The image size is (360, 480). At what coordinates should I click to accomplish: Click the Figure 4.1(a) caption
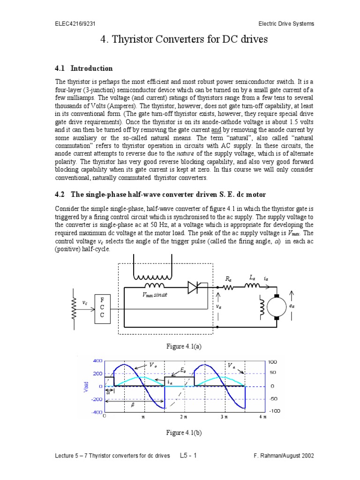[180, 346]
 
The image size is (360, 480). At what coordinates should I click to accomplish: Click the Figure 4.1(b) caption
[180, 432]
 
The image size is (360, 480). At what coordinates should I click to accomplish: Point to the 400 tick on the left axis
[97, 361]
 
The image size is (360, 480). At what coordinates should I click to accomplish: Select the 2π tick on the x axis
[183, 416]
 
